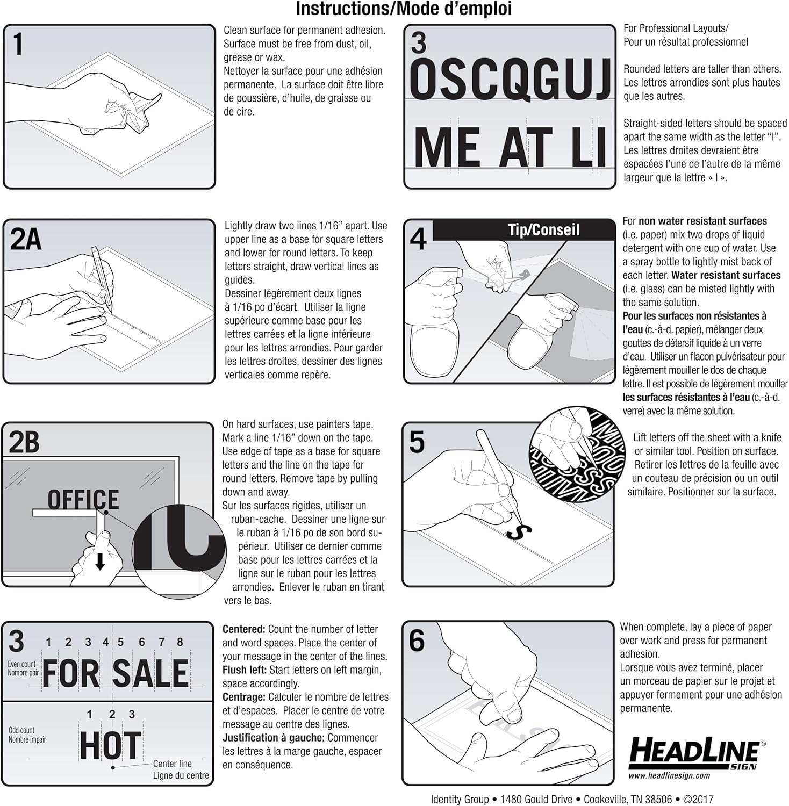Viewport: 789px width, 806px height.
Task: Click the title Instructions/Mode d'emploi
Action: pos(404,9)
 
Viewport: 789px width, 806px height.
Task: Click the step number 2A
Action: pos(26,240)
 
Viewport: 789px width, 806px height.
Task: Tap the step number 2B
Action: pos(25,442)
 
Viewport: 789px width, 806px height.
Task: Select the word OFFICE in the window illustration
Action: pos(83,499)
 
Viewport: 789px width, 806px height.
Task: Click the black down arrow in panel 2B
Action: pos(100,562)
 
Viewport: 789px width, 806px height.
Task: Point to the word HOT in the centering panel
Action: pos(111,745)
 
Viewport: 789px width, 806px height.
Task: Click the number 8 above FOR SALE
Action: pos(180,642)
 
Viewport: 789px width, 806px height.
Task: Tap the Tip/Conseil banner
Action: pos(544,230)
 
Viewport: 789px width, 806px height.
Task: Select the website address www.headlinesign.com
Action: pos(669,775)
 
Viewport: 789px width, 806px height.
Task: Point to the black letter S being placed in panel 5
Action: pos(519,532)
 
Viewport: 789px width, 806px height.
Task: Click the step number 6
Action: pos(417,641)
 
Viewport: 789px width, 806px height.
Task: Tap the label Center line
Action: pos(172,764)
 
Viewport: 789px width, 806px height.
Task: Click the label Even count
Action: pos(21,664)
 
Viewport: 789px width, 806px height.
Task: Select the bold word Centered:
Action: pos(244,629)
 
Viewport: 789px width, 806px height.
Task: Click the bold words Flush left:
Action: pos(245,670)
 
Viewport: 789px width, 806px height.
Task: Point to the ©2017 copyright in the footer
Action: pos(699,800)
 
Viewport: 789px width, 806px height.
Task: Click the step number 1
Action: pos(18,44)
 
